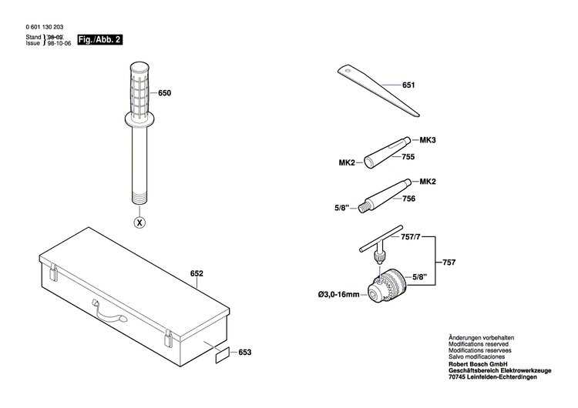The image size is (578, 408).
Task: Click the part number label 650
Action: pos(165,93)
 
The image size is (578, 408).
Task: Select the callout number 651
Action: pos(408,85)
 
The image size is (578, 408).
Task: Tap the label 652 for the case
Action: pos(197,273)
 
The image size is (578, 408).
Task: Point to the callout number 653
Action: pos(245,352)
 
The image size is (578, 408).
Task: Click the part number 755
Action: pos(408,157)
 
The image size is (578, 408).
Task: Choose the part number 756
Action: pos(408,199)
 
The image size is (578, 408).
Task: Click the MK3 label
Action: pos(428,140)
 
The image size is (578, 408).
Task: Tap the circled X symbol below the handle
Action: pos(139,223)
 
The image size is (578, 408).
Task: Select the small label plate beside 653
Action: pos(222,356)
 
